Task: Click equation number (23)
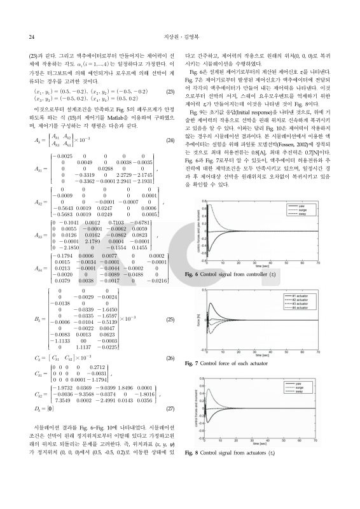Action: point(170,92)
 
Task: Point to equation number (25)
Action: point(170,318)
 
